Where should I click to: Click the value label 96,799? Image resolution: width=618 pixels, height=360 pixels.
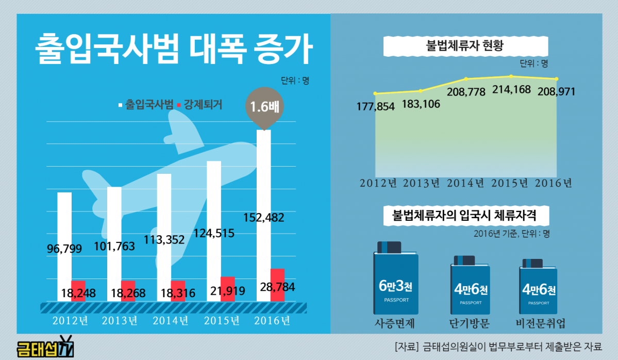(64, 249)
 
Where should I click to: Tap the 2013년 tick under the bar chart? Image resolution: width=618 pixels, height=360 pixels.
(120, 320)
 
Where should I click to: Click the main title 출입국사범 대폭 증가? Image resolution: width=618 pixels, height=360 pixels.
(174, 50)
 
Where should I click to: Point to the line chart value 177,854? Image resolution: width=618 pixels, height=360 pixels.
(375, 106)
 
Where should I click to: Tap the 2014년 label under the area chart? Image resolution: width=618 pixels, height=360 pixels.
(465, 183)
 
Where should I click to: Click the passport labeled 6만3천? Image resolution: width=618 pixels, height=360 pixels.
(395, 284)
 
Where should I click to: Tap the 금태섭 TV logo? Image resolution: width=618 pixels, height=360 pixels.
(45, 347)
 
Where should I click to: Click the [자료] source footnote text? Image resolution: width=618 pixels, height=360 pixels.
(498, 346)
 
